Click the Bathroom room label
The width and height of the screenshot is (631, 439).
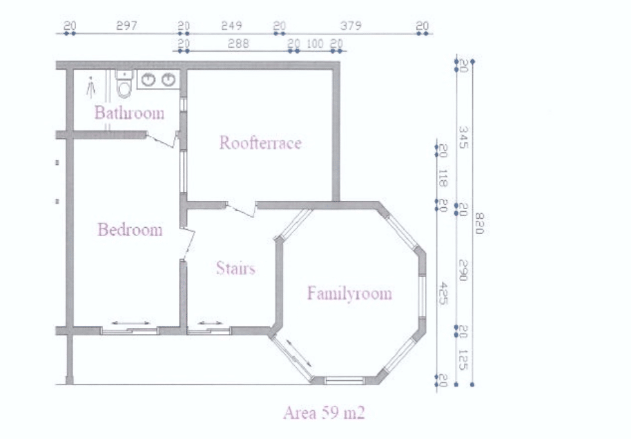(x=130, y=113)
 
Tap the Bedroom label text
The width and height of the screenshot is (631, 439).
(x=130, y=229)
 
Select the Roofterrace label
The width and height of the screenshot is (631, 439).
(x=260, y=143)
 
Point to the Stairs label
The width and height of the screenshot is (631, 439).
(x=236, y=268)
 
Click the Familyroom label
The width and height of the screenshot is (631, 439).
(x=349, y=293)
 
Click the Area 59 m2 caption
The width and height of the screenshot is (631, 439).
(x=324, y=413)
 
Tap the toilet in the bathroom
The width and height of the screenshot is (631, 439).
(x=124, y=84)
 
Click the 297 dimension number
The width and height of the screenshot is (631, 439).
(x=126, y=26)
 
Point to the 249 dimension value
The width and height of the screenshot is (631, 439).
(x=231, y=26)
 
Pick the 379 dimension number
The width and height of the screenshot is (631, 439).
(x=351, y=26)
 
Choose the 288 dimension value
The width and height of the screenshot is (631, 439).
(x=238, y=43)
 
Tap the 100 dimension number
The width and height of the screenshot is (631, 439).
(x=315, y=43)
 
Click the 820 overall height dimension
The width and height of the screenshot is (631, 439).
(x=478, y=224)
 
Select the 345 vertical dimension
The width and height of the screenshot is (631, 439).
(x=463, y=137)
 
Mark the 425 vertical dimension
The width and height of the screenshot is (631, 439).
(x=443, y=293)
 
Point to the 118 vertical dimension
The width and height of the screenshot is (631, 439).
(x=443, y=179)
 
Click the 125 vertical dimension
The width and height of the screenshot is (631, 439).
(x=463, y=360)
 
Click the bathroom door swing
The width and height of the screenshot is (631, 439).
(x=162, y=139)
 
